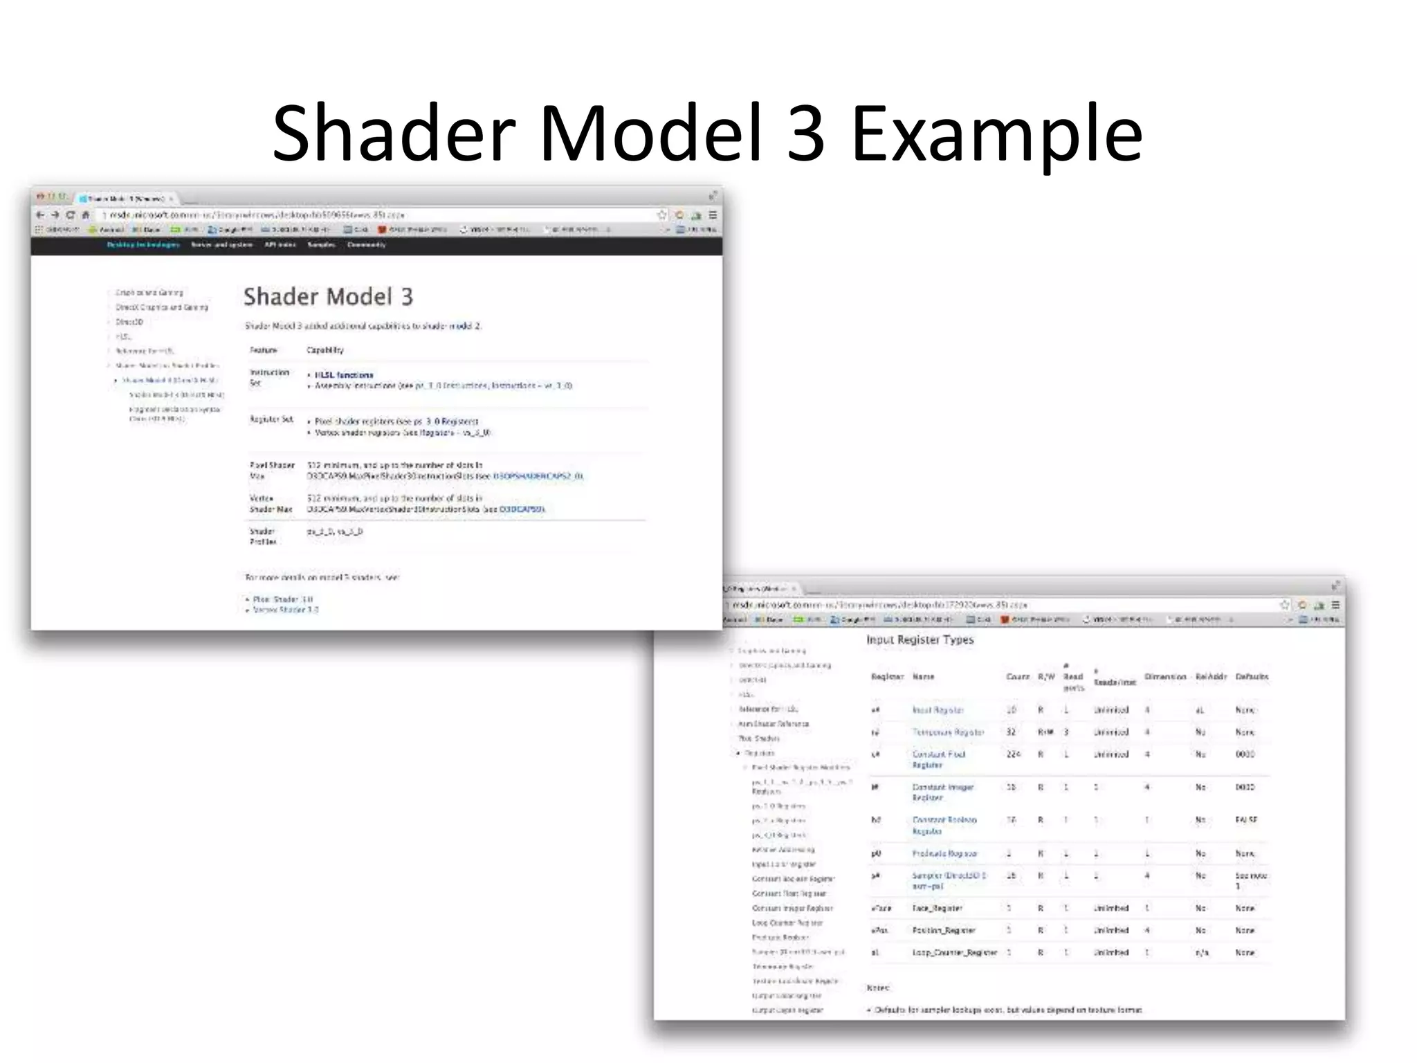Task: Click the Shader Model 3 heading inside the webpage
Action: [328, 297]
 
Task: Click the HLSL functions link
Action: [344, 375]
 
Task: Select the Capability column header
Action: [324, 350]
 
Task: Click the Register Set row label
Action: [271, 419]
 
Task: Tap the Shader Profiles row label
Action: [262, 536]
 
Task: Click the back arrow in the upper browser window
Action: [40, 215]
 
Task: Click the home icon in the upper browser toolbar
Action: [86, 215]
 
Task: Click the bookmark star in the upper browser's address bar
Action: [661, 215]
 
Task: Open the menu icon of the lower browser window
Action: [1335, 605]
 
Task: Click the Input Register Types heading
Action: [920, 640]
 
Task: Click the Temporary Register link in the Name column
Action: [948, 732]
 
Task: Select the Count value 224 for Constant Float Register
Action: [1013, 754]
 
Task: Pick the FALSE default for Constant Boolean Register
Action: [1246, 820]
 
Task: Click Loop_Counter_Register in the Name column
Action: [954, 953]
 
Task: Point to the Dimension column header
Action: [1165, 677]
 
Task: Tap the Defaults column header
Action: [1252, 677]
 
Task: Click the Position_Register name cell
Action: [944, 931]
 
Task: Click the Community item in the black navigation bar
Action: [366, 245]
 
